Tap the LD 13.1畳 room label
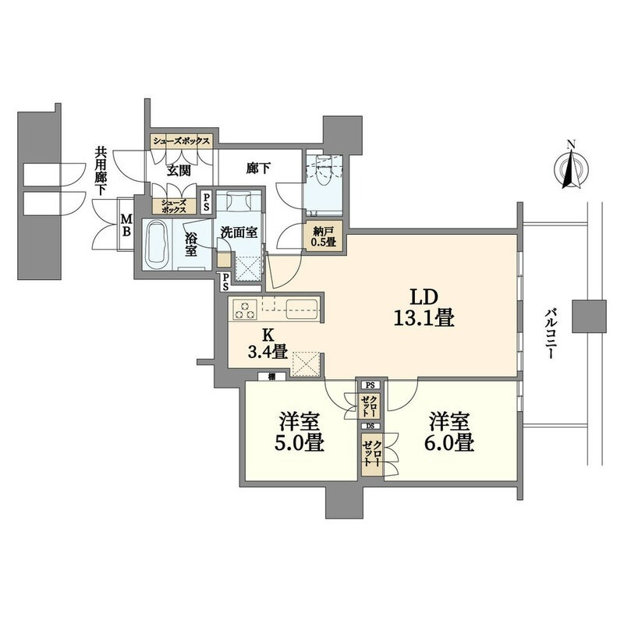(424, 307)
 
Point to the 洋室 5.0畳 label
(300, 433)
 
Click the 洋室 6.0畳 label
(449, 433)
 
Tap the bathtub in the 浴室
(158, 246)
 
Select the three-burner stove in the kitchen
(245, 310)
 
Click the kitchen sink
(302, 309)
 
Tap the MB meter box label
(126, 225)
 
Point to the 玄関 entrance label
(179, 171)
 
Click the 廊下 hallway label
(258, 168)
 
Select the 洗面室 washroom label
(239, 232)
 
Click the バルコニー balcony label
(551, 333)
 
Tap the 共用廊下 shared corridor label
(100, 171)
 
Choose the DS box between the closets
(370, 426)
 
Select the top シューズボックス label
(182, 141)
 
